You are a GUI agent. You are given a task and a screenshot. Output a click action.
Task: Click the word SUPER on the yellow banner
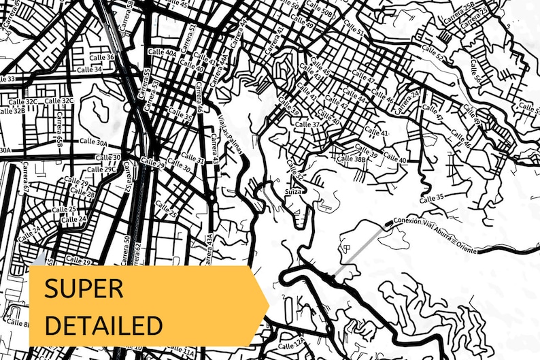84,289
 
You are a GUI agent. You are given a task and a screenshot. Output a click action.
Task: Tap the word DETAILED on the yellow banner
103,323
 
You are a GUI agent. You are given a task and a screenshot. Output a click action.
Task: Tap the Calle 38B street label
352,159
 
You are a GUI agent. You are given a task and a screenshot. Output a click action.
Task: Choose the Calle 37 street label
305,125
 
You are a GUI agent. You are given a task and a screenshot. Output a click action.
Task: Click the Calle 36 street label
101,57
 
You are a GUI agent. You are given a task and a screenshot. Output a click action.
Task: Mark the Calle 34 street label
89,69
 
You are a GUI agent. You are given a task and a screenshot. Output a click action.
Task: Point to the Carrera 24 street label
406,101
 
